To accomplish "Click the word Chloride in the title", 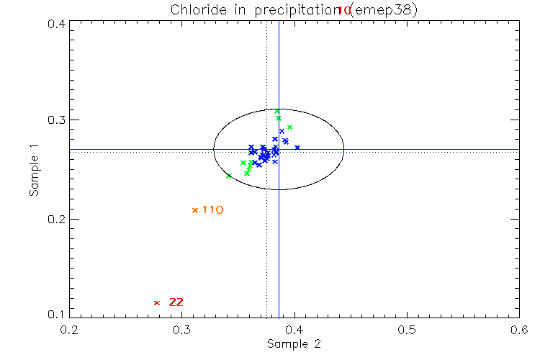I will (x=193, y=10).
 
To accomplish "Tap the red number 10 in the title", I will (x=344, y=11).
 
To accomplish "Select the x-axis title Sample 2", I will (x=294, y=344).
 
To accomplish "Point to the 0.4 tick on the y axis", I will (x=58, y=24).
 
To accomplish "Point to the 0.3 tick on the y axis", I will (x=58, y=120).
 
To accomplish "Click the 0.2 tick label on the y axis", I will (x=58, y=219).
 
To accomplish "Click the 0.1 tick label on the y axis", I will (x=58, y=315).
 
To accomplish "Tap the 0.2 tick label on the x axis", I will (x=69, y=329).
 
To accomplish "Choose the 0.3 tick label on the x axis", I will (x=181, y=329).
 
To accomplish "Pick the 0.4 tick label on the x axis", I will (x=294, y=329).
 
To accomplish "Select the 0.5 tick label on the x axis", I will (x=407, y=329).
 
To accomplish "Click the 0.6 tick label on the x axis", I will (x=518, y=329).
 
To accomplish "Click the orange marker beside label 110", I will (x=195, y=210).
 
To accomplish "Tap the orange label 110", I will (x=212, y=210).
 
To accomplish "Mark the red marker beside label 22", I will (x=156, y=302).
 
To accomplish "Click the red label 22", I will (x=176, y=302).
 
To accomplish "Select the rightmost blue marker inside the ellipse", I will (x=297, y=148).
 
